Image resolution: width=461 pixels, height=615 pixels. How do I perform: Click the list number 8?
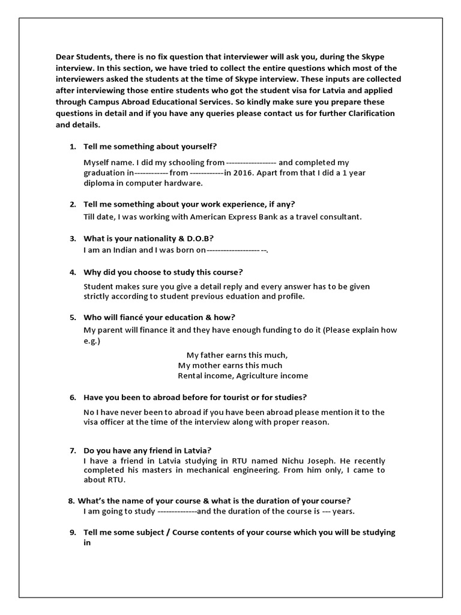(71, 501)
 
